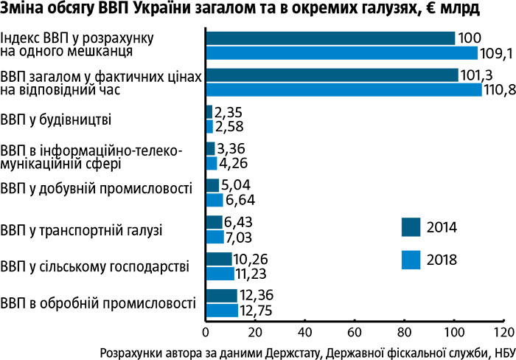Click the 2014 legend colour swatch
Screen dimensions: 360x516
click(411, 226)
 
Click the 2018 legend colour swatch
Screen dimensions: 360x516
click(411, 259)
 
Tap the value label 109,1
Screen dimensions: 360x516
click(499, 53)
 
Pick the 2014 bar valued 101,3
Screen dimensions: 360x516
click(332, 75)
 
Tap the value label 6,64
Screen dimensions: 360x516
click(241, 200)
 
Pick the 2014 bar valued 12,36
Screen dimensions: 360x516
click(222, 296)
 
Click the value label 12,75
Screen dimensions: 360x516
click(257, 311)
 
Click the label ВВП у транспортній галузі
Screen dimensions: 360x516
click(82, 229)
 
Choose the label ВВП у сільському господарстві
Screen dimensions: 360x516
click(95, 266)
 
